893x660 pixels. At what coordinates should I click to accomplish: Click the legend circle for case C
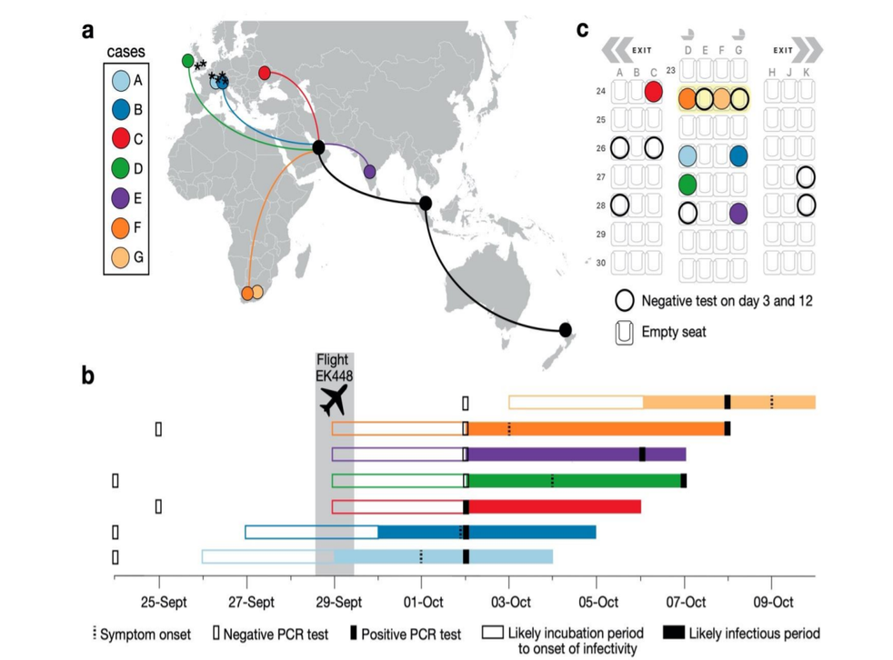121,138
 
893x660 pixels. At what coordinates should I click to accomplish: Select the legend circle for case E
121,197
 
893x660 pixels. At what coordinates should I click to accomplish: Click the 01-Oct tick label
422,601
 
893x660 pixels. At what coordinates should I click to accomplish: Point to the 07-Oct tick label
685,601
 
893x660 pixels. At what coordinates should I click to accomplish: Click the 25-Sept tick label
160,601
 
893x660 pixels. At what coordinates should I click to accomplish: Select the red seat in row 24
653,91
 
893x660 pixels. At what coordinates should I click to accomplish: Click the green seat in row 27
688,185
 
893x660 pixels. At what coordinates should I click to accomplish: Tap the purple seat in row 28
738,213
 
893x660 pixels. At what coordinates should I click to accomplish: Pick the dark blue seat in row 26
738,155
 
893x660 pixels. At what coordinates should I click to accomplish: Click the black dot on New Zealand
566,329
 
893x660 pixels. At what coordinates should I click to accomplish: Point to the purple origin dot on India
369,171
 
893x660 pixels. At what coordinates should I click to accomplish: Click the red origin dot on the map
266,72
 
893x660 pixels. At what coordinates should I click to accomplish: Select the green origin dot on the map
187,61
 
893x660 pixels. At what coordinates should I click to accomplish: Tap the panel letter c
584,27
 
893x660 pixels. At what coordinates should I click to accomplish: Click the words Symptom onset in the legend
146,634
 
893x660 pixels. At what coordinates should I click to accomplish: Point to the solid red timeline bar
555,506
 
